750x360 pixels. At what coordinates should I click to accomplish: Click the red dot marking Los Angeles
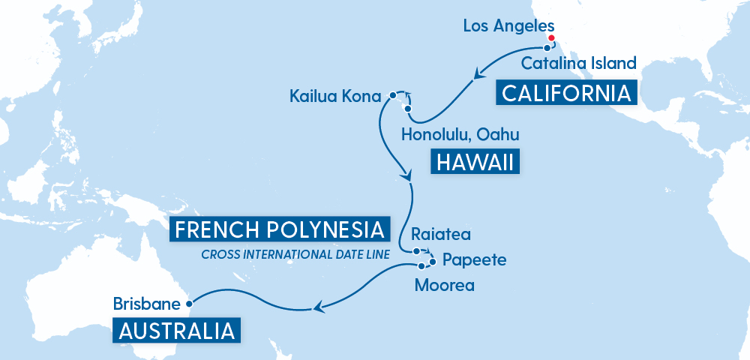[551, 38]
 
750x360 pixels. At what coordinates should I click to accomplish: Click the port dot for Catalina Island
[547, 48]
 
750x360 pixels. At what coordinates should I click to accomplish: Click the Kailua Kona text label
[335, 96]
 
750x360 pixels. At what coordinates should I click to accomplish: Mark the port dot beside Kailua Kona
[392, 95]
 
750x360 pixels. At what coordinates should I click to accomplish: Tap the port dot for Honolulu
[408, 109]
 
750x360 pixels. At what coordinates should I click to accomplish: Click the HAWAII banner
[475, 162]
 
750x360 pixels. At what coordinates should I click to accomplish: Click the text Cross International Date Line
[295, 254]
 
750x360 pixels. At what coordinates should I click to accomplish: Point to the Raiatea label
[441, 235]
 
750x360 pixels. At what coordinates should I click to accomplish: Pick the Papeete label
[475, 260]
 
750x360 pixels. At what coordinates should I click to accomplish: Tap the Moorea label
[445, 285]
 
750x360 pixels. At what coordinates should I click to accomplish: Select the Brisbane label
[147, 304]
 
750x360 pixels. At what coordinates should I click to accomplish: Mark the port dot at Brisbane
[188, 304]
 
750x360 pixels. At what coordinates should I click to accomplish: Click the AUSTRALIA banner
[177, 330]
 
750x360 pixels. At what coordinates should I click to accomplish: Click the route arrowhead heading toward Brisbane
[319, 307]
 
